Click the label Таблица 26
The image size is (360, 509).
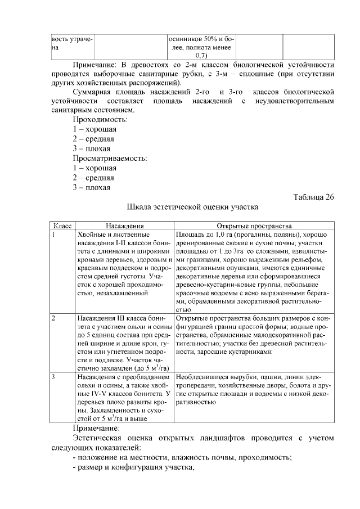[x=314, y=197]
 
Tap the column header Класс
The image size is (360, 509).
[x=62, y=225]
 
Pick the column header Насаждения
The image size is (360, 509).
[x=124, y=225]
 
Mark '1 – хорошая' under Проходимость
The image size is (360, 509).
[x=94, y=129]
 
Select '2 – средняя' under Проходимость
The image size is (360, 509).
[x=93, y=139]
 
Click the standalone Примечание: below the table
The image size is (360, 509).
[x=100, y=428]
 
